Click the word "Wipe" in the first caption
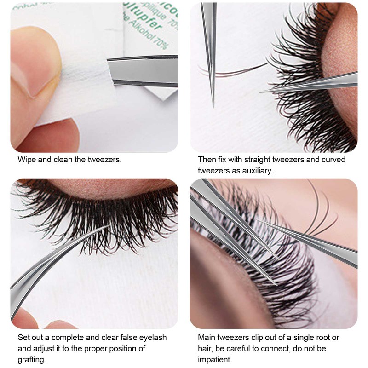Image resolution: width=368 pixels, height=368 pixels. tap(27, 160)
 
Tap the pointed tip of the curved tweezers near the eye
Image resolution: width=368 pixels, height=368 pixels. tap(261, 92)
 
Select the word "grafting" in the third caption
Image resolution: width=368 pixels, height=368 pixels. tap(32, 359)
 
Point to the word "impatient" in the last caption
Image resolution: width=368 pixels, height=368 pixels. tap(215, 359)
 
